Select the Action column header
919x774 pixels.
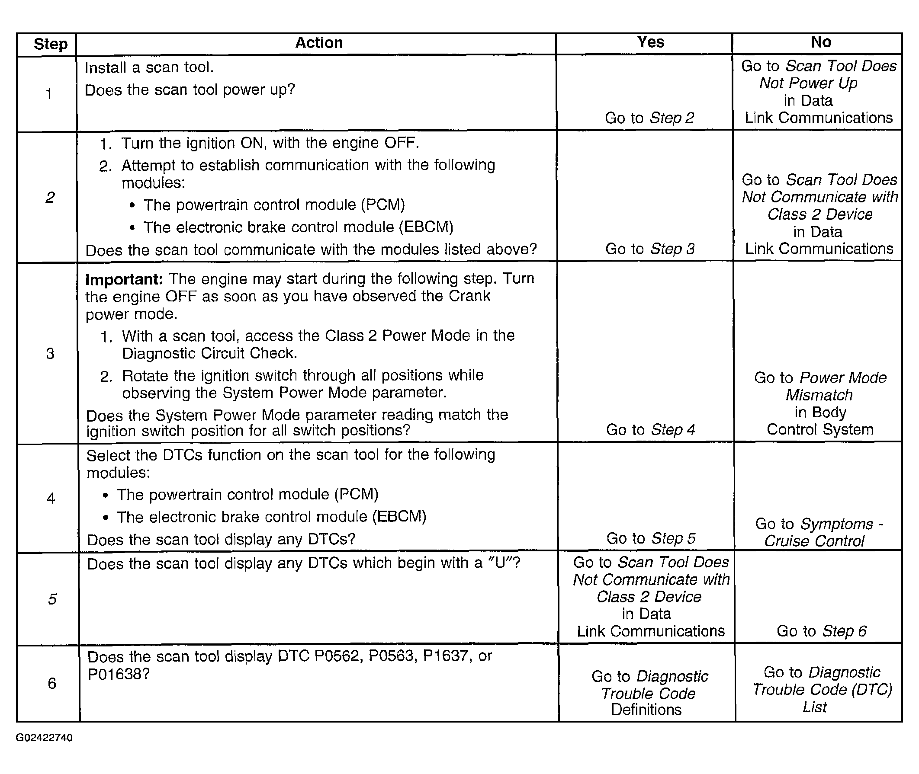(x=319, y=43)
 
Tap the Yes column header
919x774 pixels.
(x=650, y=42)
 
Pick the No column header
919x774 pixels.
(x=820, y=42)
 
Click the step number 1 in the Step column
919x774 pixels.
(x=49, y=94)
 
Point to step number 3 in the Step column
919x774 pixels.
(x=50, y=353)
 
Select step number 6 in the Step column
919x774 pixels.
(x=52, y=683)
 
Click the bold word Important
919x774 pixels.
(x=124, y=279)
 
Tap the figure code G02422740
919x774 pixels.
(x=44, y=738)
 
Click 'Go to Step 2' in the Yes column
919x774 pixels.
(x=649, y=118)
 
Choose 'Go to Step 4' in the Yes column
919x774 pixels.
(x=650, y=429)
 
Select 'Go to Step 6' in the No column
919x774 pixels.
(x=821, y=631)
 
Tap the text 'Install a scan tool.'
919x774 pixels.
(x=149, y=67)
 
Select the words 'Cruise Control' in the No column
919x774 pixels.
(x=814, y=541)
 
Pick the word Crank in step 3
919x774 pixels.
(x=469, y=296)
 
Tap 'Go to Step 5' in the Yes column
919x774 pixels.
(x=651, y=538)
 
